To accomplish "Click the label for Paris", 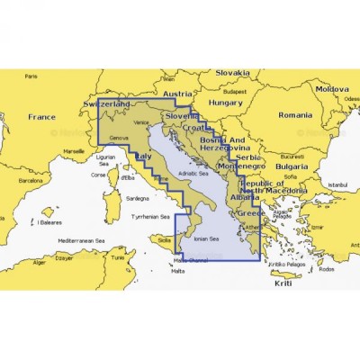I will [33, 75].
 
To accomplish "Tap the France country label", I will [41, 117].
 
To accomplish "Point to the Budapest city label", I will [235, 91].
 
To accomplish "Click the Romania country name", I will [295, 115].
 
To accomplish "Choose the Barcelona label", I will [31, 180].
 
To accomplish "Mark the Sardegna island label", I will [137, 197].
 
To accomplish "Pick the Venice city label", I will [139, 121].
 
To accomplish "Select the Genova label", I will [119, 138].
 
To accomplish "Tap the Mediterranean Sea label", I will [76, 241].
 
